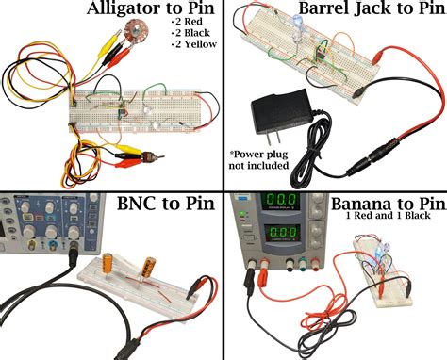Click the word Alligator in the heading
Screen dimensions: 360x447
(125, 10)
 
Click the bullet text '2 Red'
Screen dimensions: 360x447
(190, 22)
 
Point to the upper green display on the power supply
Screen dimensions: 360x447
(282, 203)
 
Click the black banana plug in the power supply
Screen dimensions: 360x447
(252, 281)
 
